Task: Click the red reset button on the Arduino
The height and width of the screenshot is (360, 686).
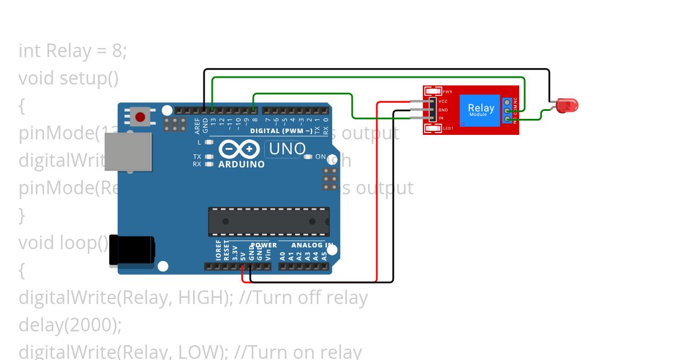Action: pyautogui.click(x=140, y=117)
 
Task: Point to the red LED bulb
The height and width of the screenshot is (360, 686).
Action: pyautogui.click(x=568, y=105)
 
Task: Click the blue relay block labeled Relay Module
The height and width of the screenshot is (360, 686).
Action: pyautogui.click(x=481, y=109)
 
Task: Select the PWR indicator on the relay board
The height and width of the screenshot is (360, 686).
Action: pyautogui.click(x=434, y=91)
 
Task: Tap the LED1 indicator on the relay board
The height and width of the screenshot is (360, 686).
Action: pyautogui.click(x=434, y=129)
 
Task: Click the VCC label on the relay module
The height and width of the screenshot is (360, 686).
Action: pyautogui.click(x=443, y=101)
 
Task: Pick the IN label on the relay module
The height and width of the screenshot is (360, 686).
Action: pyautogui.click(x=441, y=118)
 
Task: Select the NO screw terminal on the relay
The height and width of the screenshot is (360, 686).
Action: pyautogui.click(x=508, y=119)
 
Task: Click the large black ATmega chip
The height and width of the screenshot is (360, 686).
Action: pyautogui.click(x=269, y=222)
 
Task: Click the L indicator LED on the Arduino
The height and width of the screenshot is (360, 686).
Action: pyautogui.click(x=209, y=142)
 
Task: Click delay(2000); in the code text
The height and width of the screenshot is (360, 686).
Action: pyautogui.click(x=70, y=325)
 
